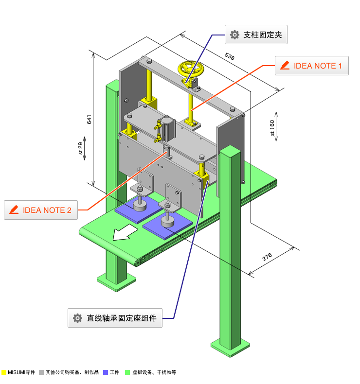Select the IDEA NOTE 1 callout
[x=312, y=66]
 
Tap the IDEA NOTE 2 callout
[x=41, y=210]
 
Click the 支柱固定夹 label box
[x=256, y=35]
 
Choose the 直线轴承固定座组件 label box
[x=115, y=318]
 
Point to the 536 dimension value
[x=230, y=56]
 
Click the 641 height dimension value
[x=89, y=120]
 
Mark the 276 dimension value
[x=267, y=258]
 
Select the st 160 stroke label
[x=272, y=127]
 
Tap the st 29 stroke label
[x=81, y=148]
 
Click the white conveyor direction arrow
[x=125, y=233]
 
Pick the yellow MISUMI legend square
[x=4, y=372]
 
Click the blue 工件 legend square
[x=106, y=372]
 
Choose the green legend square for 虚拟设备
[x=127, y=372]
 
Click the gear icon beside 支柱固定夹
[x=234, y=35]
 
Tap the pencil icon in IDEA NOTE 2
[x=14, y=210]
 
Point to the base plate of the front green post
[x=231, y=347]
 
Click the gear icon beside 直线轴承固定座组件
[x=77, y=318]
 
